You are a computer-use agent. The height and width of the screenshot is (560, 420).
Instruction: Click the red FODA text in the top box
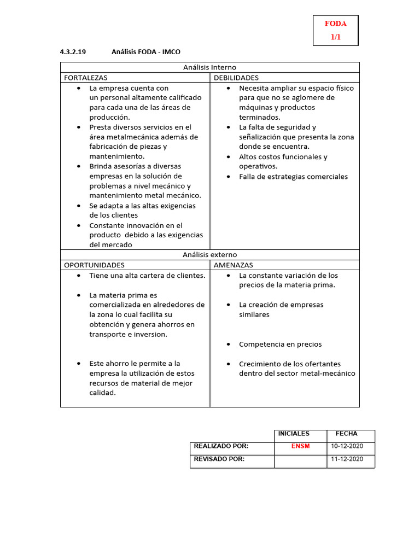[x=335, y=24]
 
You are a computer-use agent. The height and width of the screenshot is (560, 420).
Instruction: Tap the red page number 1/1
[x=335, y=37]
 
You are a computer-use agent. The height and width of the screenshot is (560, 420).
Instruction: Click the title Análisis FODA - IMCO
[x=145, y=52]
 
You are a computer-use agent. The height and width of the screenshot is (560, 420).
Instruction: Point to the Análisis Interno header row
[x=209, y=67]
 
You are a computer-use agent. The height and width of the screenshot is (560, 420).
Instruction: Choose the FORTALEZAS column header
[x=86, y=78]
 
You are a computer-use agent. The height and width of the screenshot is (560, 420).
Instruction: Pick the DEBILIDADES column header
[x=236, y=78]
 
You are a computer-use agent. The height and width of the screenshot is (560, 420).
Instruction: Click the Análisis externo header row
[x=209, y=255]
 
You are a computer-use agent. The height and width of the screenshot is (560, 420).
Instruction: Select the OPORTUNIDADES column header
[x=95, y=265]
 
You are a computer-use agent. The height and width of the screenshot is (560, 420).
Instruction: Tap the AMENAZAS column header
[x=234, y=265]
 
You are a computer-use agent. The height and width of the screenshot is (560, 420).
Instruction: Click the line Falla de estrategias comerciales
[x=293, y=177]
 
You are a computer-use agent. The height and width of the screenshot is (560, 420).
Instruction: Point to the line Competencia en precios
[x=280, y=345]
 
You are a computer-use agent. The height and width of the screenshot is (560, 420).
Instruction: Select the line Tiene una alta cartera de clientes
[x=147, y=276]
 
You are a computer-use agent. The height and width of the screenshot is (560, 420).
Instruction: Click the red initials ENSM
[x=300, y=446]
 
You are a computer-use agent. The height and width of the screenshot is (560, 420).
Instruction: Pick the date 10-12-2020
[x=347, y=446]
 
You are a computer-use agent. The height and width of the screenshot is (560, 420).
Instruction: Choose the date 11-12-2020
[x=347, y=459]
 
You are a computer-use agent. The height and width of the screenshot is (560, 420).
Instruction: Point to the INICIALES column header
[x=294, y=434]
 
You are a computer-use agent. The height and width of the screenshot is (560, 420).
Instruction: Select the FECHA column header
[x=346, y=434]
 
